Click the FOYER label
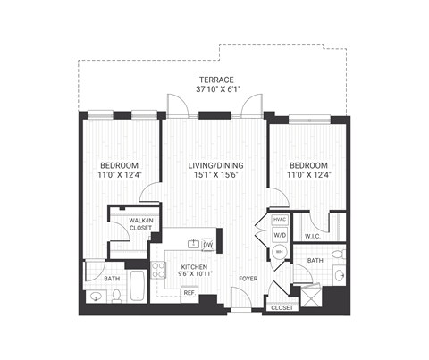click(248, 280)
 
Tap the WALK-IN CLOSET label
click(140, 223)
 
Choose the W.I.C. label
click(312, 237)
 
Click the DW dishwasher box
click(208, 244)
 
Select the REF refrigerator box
click(189, 292)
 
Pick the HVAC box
click(279, 219)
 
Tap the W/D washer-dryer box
click(279, 236)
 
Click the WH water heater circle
click(279, 253)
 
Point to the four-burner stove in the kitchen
click(157, 269)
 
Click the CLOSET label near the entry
click(280, 307)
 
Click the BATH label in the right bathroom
click(315, 261)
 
